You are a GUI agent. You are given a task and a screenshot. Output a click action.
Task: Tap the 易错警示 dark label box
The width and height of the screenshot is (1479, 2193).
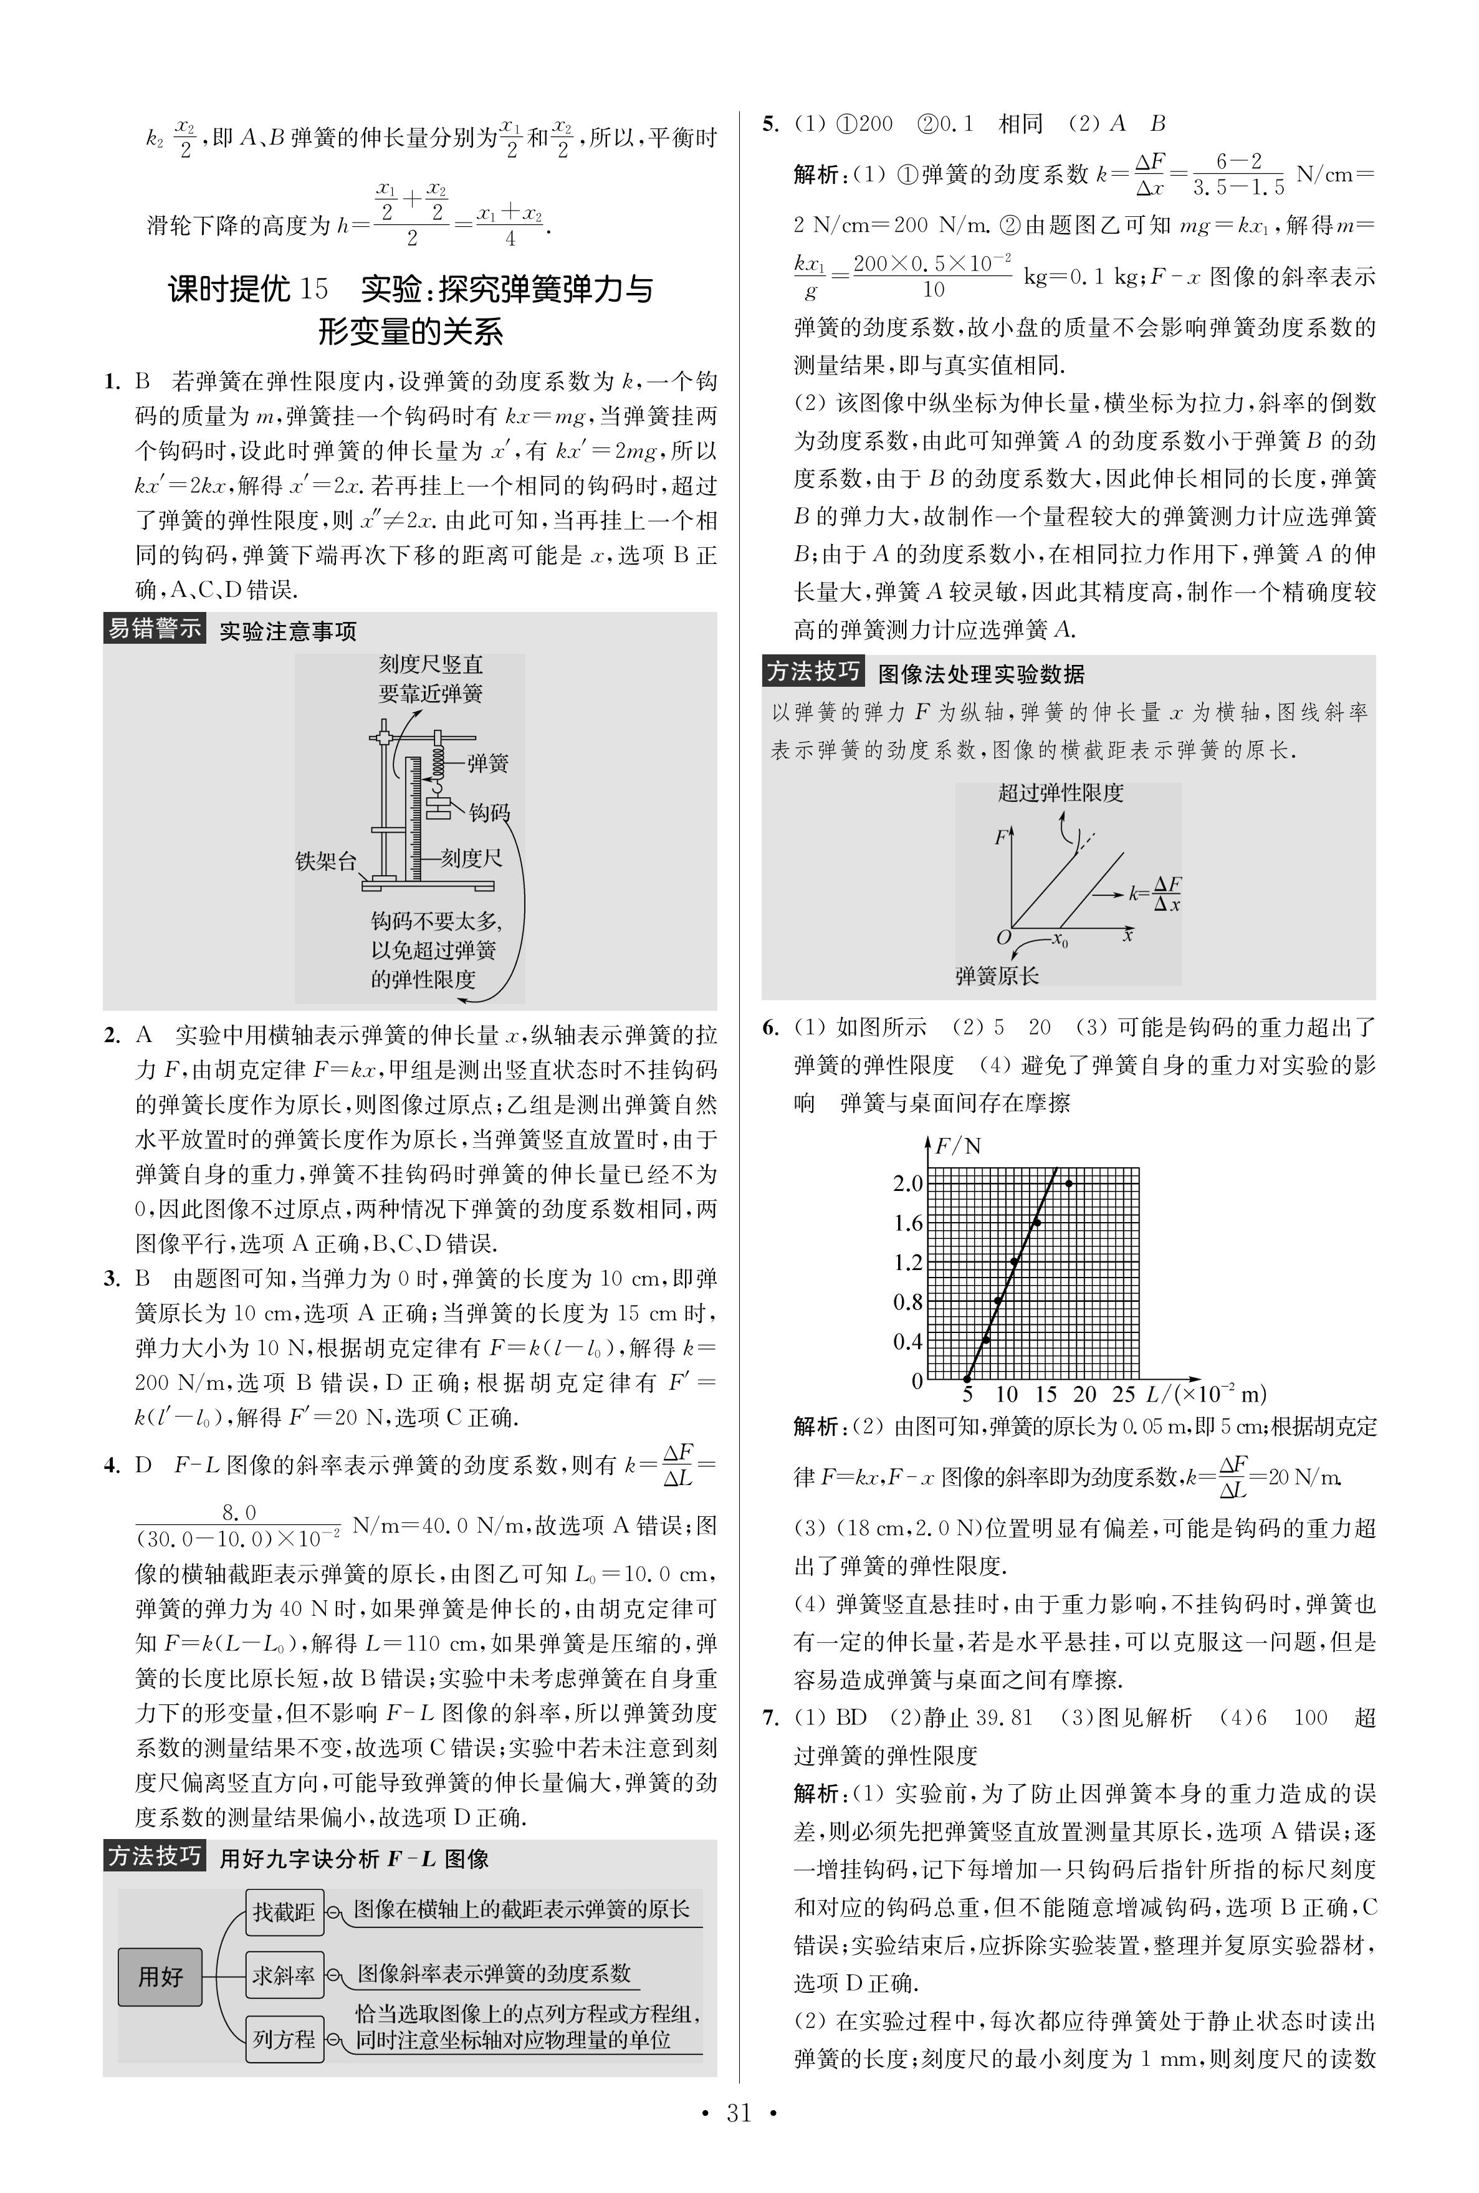point(154,628)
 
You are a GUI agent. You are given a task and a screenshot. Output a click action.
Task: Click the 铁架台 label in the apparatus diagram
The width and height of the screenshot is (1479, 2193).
point(325,861)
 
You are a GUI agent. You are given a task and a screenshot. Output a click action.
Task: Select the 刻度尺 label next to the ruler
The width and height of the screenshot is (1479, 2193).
point(472,858)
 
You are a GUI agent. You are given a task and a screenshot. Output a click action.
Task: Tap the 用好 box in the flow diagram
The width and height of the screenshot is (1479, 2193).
point(160,1976)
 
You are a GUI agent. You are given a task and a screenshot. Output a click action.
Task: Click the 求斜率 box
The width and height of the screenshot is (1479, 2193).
point(283,1974)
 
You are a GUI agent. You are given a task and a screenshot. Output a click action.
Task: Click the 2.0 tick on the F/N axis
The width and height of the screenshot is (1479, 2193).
point(907,1183)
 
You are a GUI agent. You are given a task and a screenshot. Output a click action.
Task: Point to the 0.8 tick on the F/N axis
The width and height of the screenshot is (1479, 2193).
point(907,1302)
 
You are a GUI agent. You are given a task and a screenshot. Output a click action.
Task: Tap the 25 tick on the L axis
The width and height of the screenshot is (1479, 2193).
point(1123,1394)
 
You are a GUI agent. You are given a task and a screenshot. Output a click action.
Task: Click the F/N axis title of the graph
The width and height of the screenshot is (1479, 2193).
point(957,1146)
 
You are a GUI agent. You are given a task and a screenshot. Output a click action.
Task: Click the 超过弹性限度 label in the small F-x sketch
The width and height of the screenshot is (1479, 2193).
point(1061,793)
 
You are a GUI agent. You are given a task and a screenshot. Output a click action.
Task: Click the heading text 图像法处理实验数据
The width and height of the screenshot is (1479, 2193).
point(981,674)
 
